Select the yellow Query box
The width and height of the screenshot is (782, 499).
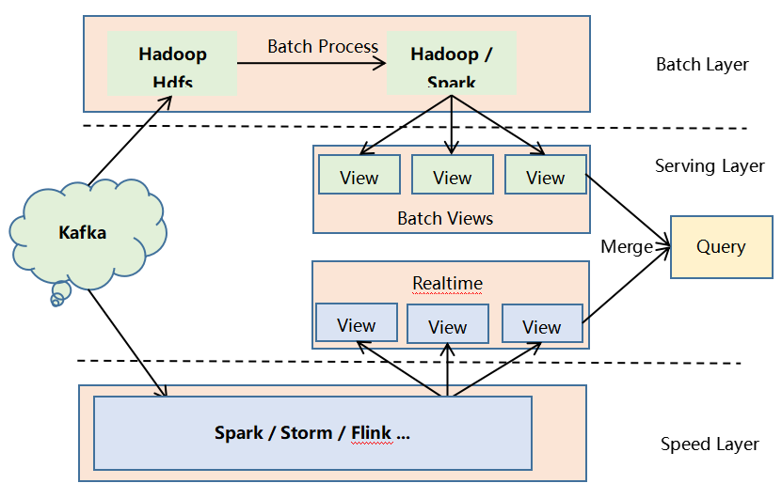(x=721, y=247)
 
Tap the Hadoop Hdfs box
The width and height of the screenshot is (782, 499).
(x=172, y=63)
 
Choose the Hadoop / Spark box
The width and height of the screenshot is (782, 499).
(x=452, y=63)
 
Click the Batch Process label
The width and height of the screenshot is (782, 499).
(x=323, y=46)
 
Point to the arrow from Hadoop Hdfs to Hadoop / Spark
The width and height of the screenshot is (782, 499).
(x=311, y=63)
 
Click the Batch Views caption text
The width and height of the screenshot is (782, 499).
(x=445, y=219)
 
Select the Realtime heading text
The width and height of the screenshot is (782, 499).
(x=447, y=283)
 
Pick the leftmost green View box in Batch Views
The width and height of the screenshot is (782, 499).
(x=359, y=175)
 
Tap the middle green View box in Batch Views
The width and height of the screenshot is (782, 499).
(x=453, y=176)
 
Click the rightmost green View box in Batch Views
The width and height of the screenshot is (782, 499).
(x=545, y=175)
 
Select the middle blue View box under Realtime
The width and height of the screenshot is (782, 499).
(x=448, y=325)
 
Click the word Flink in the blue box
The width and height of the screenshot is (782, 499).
(x=371, y=433)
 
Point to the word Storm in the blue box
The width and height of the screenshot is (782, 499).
(x=306, y=433)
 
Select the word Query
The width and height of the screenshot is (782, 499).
(x=721, y=247)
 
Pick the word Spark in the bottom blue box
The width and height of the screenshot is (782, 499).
(x=239, y=433)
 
